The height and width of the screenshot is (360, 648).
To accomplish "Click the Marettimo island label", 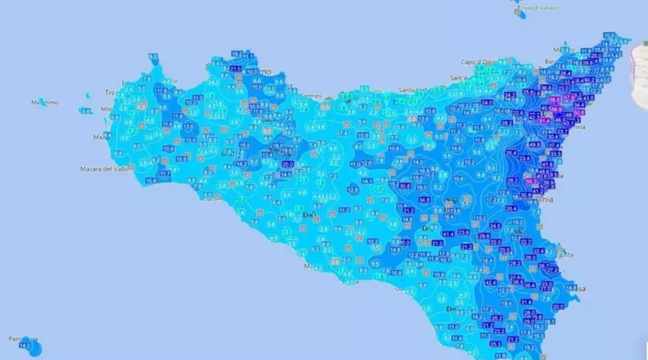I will click(x=45, y=102).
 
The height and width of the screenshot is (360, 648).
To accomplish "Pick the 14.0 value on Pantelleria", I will click(x=25, y=346).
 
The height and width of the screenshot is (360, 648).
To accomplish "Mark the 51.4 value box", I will click(x=544, y=121).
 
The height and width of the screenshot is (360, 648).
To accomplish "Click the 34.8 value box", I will click(x=425, y=199).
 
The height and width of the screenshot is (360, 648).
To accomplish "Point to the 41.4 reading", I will click(x=448, y=233).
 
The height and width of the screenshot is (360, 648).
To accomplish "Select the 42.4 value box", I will click(x=490, y=283).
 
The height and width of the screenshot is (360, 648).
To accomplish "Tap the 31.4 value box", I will click(x=525, y=302).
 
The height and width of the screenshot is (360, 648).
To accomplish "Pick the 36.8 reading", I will click(x=546, y=88).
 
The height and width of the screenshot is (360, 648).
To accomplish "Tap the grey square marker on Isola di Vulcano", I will click(x=517, y=12).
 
